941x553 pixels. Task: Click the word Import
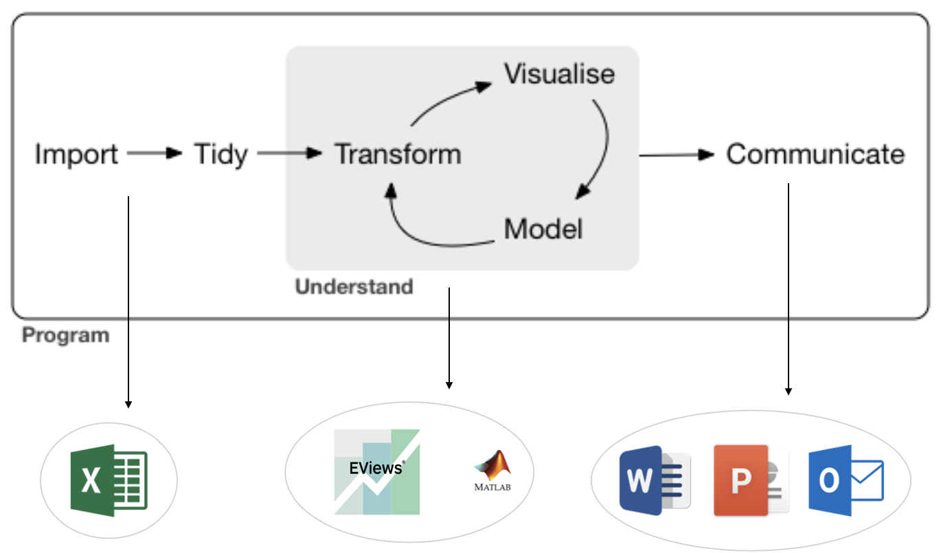point(76,154)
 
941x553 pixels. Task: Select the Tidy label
point(220,154)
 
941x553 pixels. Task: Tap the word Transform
point(398,154)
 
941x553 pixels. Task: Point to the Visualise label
point(559,74)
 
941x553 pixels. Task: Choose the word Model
point(543,229)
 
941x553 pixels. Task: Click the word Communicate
point(815,154)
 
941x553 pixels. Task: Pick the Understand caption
point(354,286)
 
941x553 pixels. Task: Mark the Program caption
point(65,336)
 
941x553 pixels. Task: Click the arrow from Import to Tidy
point(155,154)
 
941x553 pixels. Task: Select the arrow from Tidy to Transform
point(289,154)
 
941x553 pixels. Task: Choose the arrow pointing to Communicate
point(677,155)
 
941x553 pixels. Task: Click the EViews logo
point(376,472)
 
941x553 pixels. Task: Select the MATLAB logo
point(492,471)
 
